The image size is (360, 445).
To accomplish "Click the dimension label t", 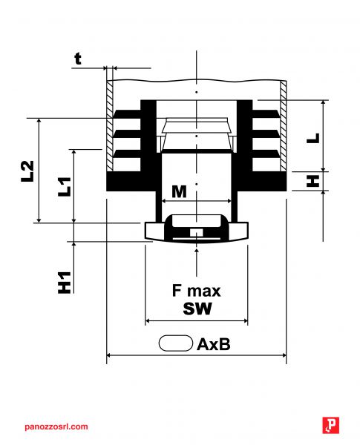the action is tap(78, 59).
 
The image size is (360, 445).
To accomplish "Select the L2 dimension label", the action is tap(27, 171).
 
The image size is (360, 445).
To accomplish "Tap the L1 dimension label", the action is tap(65, 186).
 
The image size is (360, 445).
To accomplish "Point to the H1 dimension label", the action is tap(65, 282).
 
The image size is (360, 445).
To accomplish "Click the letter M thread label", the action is tap(180, 191).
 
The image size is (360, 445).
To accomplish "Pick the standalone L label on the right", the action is tap(313, 138).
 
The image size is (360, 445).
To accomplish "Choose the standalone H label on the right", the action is tap(312, 181).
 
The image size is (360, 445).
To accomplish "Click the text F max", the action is tap(197, 291).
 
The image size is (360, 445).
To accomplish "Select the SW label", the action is tap(197, 309).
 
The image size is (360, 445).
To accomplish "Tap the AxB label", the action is tap(213, 344).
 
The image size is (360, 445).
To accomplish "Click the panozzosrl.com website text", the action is tap(56, 426).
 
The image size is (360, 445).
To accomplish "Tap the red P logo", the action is tap(331, 425).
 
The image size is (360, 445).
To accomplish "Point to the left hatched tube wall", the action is tap(110, 126).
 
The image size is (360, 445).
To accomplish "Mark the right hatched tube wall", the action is tap(283, 126).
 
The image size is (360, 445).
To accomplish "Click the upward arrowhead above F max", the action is tap(197, 251).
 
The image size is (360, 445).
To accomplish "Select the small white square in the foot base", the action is tap(197, 232).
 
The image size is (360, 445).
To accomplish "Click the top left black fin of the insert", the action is tap(127, 113).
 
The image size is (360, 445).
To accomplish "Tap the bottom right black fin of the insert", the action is tap(266, 154).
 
